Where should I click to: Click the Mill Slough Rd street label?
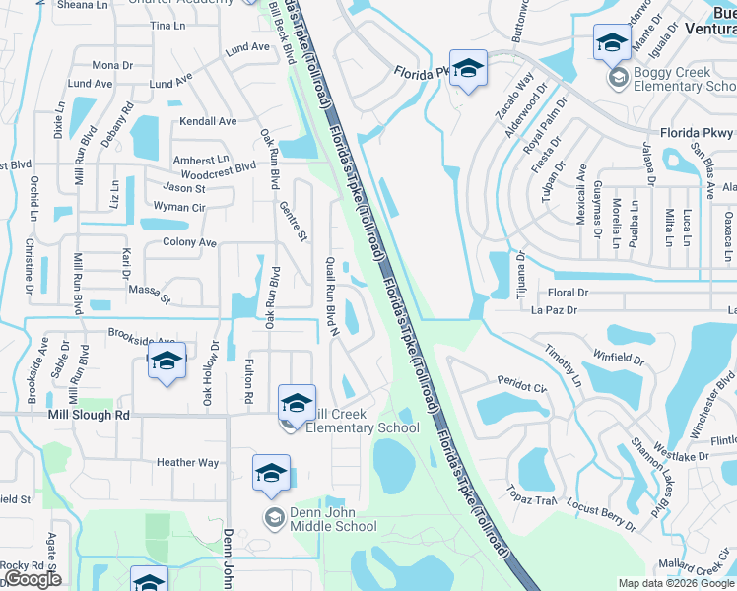coord(89,416)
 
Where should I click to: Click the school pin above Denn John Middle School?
coord(271,475)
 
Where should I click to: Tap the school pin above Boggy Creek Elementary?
coord(612,43)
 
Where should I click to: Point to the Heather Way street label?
coord(187,462)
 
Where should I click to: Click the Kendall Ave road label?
coord(208,121)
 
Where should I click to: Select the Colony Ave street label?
coord(189,242)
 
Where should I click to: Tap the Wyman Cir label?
coord(178,207)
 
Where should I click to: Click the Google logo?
coord(33,579)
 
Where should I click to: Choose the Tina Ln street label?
coord(167,25)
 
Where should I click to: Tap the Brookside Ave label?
coord(142,335)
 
